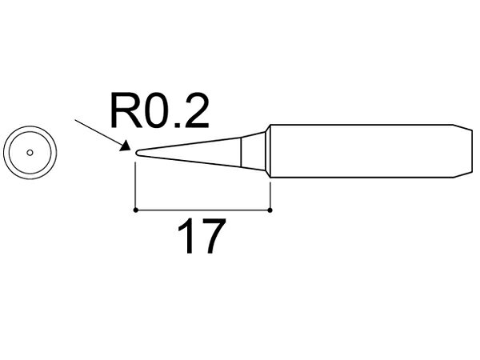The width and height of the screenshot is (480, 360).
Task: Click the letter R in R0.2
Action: [x=126, y=110]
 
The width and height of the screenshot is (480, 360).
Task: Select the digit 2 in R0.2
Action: [x=196, y=110]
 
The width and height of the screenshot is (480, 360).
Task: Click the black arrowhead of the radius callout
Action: [x=126, y=146]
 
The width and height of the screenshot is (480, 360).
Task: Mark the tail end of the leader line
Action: [x=76, y=120]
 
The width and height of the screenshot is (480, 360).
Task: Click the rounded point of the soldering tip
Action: [x=137, y=153]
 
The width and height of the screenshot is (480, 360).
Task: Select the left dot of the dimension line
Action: [x=135, y=210]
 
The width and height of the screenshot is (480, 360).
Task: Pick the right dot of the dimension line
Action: [x=270, y=210]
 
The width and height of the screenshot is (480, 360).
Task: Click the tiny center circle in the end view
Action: [x=30, y=153]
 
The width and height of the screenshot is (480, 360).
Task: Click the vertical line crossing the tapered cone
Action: [x=242, y=153]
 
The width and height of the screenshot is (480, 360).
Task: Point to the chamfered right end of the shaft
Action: [x=462, y=151]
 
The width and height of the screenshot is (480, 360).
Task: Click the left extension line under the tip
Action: [x=135, y=186]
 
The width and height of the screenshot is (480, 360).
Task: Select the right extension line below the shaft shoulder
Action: [x=270, y=195]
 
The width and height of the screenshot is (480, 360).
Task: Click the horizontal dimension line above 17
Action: [x=202, y=210]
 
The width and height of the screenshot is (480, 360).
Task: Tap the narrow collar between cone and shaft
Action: [x=267, y=151]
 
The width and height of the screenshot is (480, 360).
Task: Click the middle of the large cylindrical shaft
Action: [x=362, y=151]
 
